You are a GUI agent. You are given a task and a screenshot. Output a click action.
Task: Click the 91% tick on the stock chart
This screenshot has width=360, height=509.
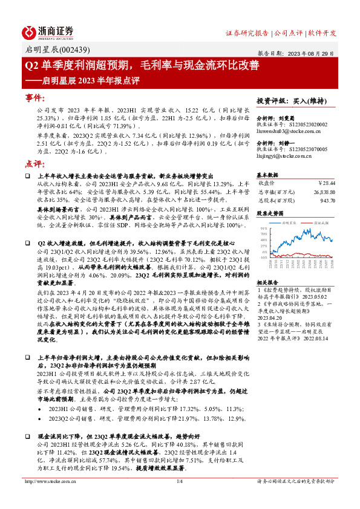tap(264, 229)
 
